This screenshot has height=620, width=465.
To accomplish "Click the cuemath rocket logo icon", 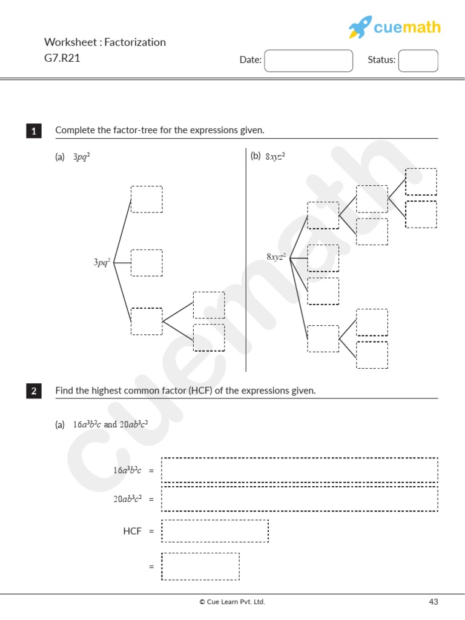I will pos(360,27).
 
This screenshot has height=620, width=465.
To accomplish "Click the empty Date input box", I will pos(309,60).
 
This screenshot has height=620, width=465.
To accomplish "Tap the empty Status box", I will pos(418,60).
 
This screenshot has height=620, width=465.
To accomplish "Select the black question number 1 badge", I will pos(34,131).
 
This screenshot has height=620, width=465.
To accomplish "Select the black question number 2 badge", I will pos(34,391).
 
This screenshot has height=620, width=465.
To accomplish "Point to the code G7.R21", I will pos(62,58).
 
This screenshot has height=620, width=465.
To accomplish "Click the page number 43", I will pos(433,602).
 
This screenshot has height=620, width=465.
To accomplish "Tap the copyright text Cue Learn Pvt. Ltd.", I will pos(232,602).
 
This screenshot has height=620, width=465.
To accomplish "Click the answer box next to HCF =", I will pos(215,531).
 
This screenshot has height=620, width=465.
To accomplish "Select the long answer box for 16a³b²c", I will pos(300,470).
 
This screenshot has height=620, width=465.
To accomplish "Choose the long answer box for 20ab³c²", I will pos(300,498).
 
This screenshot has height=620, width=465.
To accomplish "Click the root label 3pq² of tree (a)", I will pos(102,263).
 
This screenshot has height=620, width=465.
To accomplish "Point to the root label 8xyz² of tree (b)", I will pos(276,257).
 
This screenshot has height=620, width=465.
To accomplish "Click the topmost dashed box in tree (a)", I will pos(147,199).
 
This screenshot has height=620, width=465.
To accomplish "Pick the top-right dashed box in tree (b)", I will pos(421,182).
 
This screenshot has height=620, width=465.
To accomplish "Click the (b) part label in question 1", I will pos(256,156).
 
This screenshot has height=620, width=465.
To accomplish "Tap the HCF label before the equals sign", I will pos(132,531).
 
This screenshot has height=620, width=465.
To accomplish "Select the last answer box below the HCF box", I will pos(200,566).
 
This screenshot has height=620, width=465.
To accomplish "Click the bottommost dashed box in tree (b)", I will pos(372,355).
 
